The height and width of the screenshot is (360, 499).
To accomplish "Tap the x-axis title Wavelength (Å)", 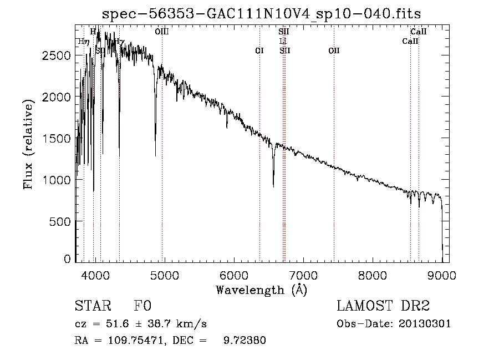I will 261,290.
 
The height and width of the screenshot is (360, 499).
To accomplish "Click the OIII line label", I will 162,32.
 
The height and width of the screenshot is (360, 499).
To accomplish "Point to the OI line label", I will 259,50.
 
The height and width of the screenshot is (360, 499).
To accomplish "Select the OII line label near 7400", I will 334,50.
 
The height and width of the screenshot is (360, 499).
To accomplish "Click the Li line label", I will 283,41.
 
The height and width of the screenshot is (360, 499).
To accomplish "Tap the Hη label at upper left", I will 83,42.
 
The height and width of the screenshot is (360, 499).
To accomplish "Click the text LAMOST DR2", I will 383,306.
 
